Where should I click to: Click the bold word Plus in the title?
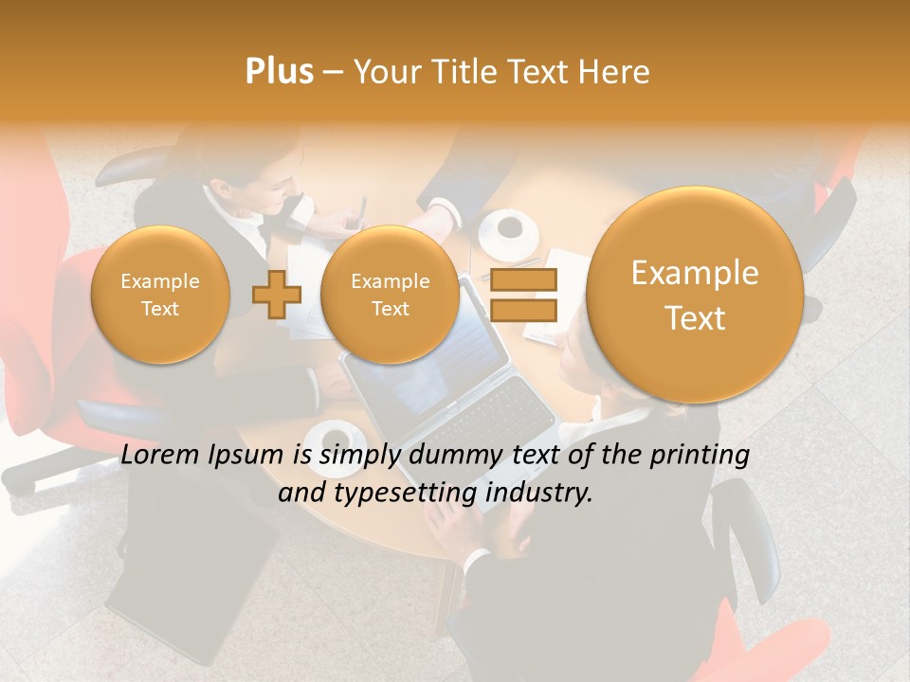[x=280, y=72]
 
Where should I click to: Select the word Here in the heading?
[x=616, y=72]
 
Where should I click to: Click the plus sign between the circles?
[x=277, y=295]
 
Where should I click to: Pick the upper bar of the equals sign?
[x=523, y=279]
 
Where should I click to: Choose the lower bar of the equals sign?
[x=523, y=310]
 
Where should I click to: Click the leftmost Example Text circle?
[x=160, y=295]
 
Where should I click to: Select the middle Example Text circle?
[x=390, y=295]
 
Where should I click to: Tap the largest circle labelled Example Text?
[x=695, y=295]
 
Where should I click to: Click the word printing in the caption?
[x=701, y=456]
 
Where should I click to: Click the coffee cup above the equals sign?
[x=509, y=229]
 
